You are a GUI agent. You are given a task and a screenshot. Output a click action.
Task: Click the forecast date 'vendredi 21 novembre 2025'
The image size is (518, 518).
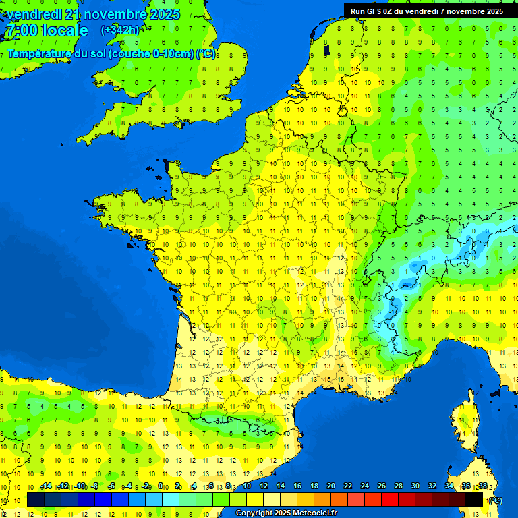click(93, 14)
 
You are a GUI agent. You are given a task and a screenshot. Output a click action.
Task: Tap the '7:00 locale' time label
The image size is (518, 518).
click(47, 30)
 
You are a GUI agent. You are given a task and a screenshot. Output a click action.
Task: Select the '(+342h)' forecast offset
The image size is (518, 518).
click(120, 30)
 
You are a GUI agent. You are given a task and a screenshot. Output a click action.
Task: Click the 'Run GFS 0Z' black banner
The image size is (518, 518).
click(427, 11)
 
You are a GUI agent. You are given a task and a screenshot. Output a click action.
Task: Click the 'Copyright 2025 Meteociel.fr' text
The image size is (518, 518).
click(286, 513)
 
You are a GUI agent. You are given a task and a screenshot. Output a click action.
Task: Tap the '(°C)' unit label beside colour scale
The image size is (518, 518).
click(494, 500)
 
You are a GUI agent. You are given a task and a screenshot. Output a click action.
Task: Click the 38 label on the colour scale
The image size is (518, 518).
click(482, 486)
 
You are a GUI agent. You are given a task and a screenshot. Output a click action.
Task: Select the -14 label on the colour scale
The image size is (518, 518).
click(46, 486)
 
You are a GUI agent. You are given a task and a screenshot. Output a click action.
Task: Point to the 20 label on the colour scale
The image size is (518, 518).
click(330, 486)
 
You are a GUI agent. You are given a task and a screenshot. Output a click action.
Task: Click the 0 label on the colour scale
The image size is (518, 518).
click(161, 486)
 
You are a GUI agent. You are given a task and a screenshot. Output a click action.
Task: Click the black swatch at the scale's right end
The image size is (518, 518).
click(474, 499)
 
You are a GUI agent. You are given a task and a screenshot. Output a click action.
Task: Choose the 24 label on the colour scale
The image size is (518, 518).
click(364, 486)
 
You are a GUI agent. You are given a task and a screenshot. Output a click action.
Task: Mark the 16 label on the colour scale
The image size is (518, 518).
click(297, 486)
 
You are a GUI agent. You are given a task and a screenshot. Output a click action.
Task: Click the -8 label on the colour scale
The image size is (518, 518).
click(96, 486)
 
